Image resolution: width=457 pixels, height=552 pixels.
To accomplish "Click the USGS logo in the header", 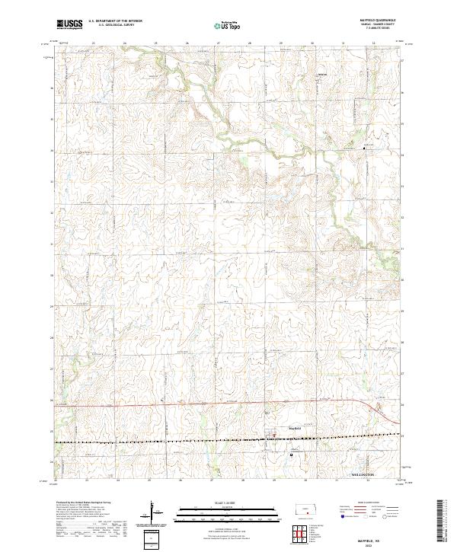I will pos(69,25).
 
